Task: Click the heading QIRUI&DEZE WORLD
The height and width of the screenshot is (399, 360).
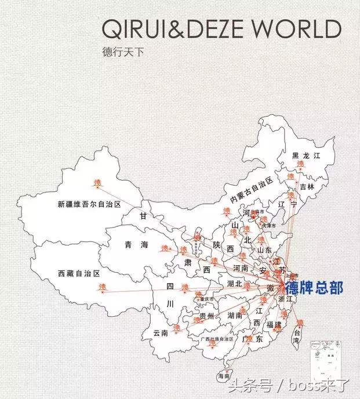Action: [221, 28]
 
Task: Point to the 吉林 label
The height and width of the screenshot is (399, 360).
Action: [307, 186]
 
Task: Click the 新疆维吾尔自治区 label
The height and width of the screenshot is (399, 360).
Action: [89, 204]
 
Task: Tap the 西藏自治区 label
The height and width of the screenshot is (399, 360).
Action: [79, 273]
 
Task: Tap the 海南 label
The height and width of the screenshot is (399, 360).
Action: [224, 376]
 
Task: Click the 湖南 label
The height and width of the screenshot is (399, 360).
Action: [235, 316]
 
